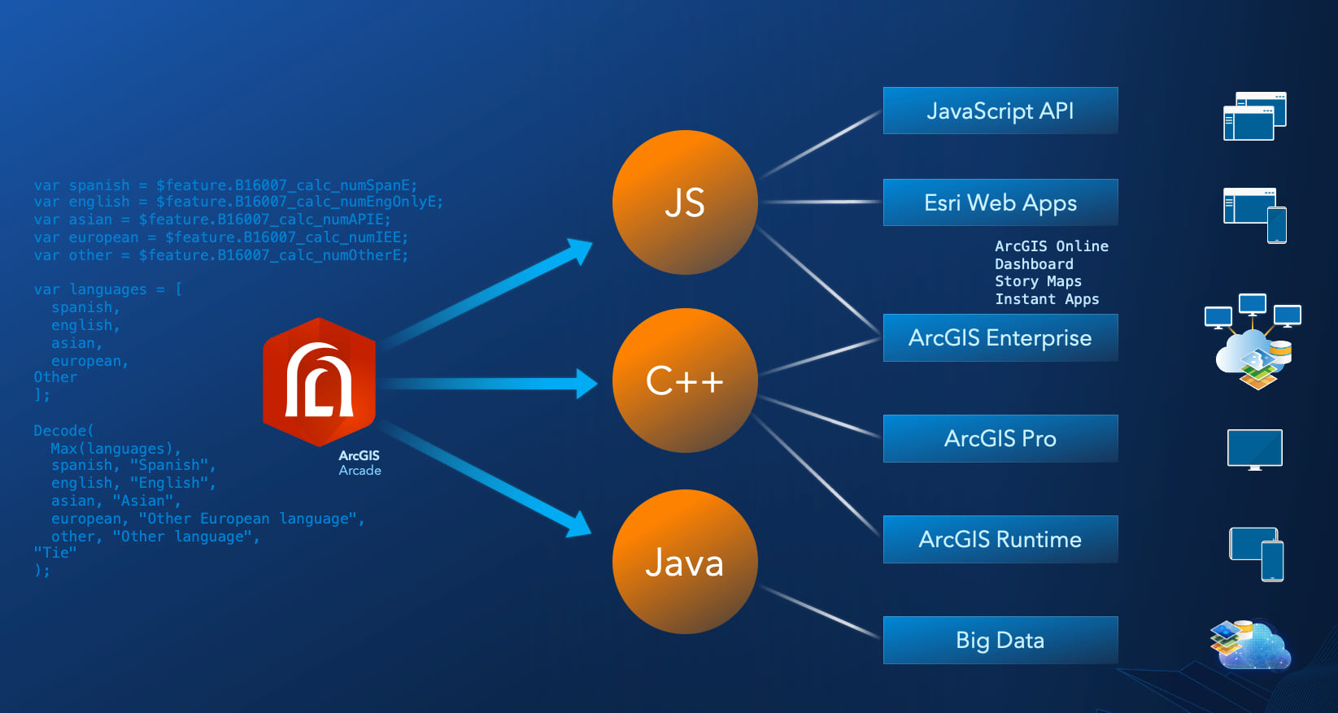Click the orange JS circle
685,202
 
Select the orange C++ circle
685,380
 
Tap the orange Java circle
685,562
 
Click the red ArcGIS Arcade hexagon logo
320,382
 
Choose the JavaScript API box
1000,111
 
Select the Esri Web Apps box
1000,202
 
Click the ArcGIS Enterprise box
1000,337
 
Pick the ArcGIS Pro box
1000,438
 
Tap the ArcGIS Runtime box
1000,539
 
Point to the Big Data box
1000,640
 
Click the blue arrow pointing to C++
488,383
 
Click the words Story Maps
1038,281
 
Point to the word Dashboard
1034,264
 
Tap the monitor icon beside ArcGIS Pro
1254,449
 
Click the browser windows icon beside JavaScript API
1254,116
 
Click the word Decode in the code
60,431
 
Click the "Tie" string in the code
54,553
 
